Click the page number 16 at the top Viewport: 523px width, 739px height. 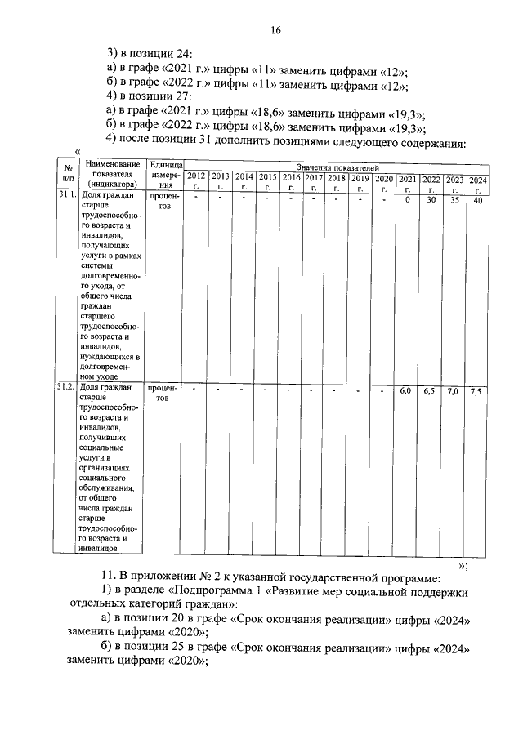276,31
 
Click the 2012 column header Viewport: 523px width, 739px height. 196,180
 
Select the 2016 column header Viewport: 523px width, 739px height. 291,180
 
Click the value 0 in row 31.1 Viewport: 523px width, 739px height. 406,200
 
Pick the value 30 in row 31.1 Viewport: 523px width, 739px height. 430,201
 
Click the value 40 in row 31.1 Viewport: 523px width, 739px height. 478,203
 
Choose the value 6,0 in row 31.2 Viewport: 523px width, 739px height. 405,391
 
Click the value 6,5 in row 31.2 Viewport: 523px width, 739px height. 429,392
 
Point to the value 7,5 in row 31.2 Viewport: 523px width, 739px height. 478,393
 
